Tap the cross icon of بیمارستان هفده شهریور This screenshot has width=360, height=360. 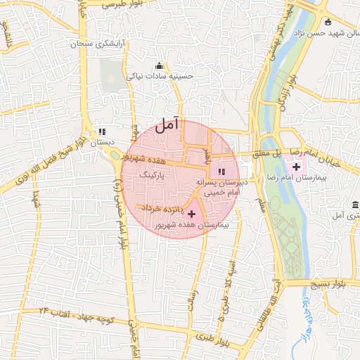[191, 212]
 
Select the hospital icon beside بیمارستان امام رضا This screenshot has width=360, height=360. [296, 167]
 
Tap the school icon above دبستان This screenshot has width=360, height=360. [102, 131]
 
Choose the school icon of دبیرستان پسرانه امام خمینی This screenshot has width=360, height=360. [221, 171]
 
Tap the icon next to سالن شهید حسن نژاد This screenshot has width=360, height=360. [330, 22]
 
